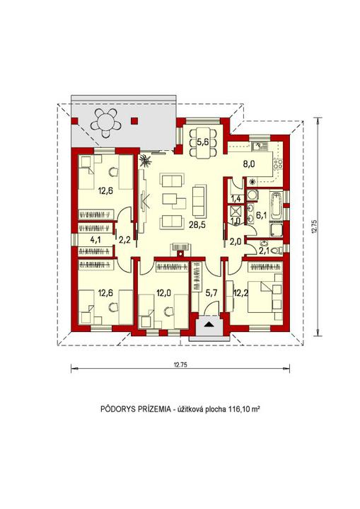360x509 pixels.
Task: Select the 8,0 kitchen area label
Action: click(249, 164)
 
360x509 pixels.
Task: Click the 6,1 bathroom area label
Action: click(261, 215)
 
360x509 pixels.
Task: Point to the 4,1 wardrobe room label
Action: click(95, 240)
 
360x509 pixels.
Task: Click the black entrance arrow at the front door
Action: click(209, 324)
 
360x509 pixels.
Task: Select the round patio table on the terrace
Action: click(105, 123)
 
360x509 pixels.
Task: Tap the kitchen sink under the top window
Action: click(259, 147)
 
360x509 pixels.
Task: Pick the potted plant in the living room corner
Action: click(145, 161)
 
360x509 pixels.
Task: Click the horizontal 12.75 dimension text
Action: click(180, 364)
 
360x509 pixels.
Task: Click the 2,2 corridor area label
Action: click(124, 240)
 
